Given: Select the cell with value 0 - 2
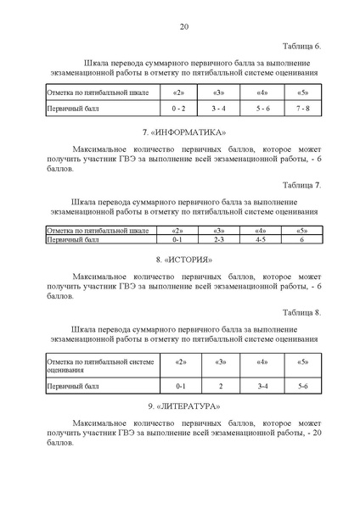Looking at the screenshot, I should click(x=178, y=109).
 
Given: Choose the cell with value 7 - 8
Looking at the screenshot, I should click(x=303, y=109).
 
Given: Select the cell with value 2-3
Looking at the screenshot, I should click(x=219, y=240).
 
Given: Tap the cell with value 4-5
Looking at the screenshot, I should click(x=261, y=240).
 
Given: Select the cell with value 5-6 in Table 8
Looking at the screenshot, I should click(x=302, y=386).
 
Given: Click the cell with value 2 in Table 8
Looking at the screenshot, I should click(x=219, y=386).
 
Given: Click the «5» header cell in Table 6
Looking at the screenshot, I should click(x=303, y=91).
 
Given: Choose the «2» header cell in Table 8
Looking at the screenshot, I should click(x=179, y=363).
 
